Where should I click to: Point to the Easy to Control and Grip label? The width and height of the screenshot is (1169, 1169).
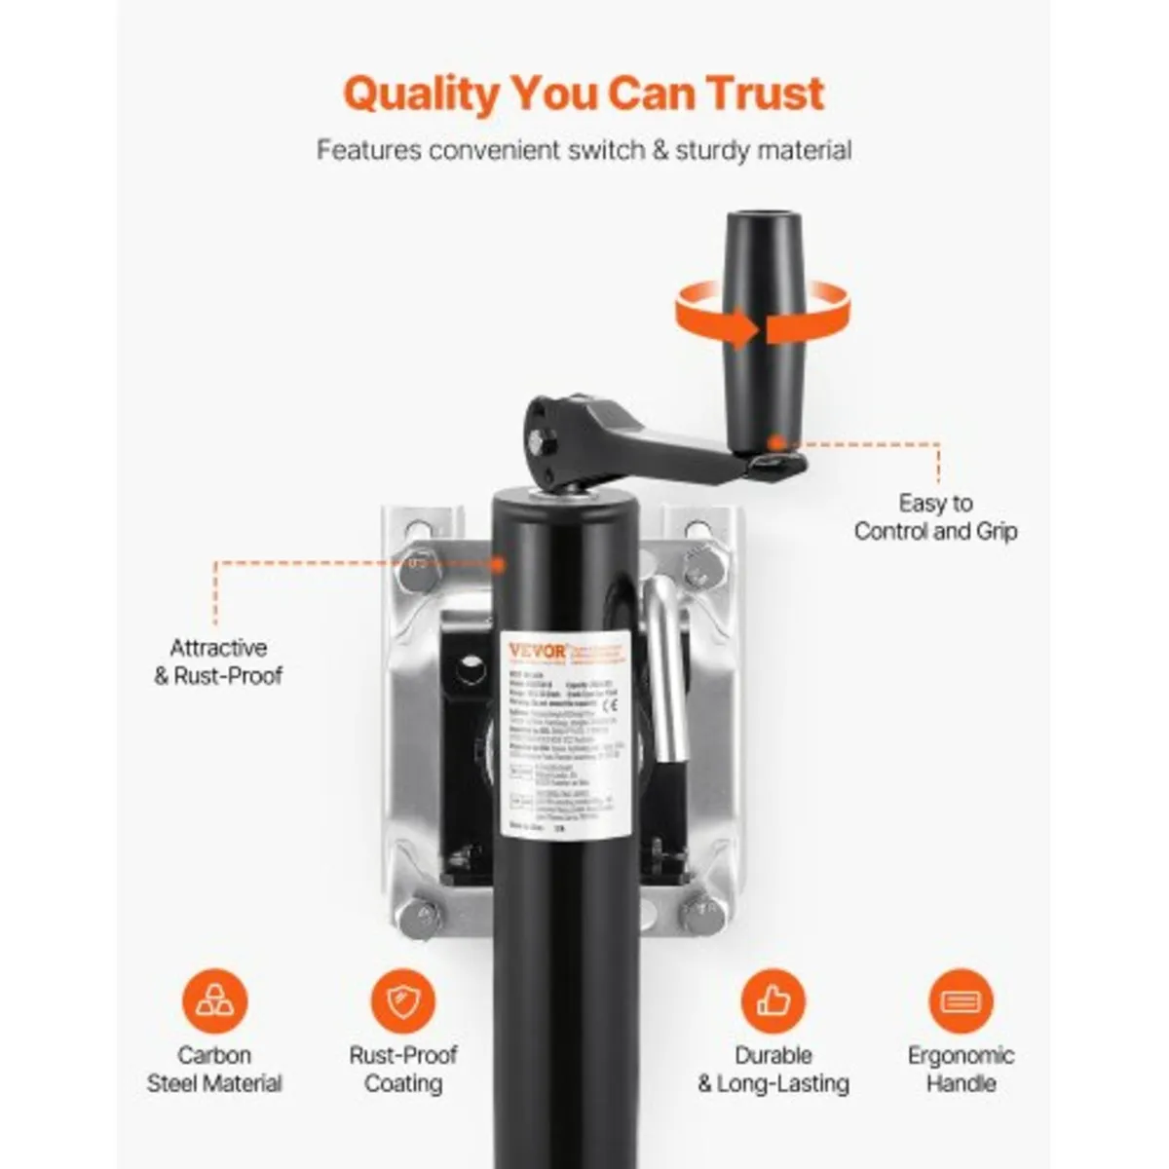click(x=935, y=517)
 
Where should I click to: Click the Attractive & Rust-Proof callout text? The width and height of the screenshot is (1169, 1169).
click(x=218, y=661)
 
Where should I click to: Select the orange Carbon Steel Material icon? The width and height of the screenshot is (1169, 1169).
click(x=214, y=1000)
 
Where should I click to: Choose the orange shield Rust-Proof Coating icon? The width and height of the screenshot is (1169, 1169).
click(x=403, y=1000)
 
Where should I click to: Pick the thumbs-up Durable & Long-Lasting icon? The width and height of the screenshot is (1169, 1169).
click(x=773, y=1000)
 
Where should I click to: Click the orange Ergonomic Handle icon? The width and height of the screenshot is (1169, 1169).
click(x=961, y=1000)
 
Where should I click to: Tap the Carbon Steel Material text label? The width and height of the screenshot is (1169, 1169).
click(x=214, y=1069)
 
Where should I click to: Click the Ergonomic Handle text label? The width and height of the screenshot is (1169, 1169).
click(x=961, y=1069)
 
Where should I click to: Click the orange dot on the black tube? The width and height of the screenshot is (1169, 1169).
click(x=498, y=563)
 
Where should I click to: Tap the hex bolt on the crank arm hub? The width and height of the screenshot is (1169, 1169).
click(x=543, y=450)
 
